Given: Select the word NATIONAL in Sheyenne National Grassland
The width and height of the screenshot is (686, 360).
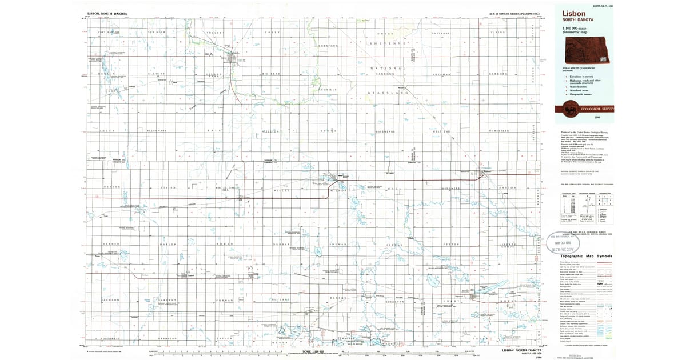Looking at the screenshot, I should (388, 68).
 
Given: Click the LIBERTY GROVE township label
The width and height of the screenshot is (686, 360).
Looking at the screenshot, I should (507, 246).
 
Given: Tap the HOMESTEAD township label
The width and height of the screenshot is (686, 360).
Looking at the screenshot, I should (498, 131).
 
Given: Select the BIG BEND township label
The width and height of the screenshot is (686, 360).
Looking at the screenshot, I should (272, 74).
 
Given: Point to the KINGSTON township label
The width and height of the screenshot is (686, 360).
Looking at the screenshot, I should (395, 302).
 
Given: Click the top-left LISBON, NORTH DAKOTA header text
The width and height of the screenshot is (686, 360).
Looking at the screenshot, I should (108, 13).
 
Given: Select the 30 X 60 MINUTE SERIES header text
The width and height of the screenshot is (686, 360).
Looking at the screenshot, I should (514, 13).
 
